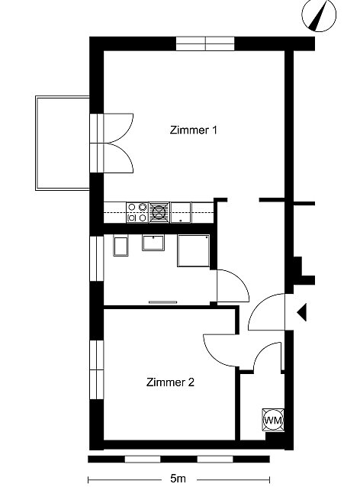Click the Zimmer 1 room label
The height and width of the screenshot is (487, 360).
pos(193,130)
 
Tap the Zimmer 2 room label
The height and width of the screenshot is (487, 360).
pos(170,382)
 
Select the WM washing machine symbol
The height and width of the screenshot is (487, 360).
pos(273,421)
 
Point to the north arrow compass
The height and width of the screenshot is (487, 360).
pos(319,15)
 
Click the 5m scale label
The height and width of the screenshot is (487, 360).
pos(178,479)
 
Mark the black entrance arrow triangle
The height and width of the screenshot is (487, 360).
pos(302,312)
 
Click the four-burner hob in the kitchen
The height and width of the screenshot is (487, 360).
pos(137,212)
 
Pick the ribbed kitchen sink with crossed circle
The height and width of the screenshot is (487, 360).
pos(159,212)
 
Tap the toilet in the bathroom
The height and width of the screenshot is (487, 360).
pos(121,247)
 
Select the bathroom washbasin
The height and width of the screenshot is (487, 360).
pos(153,243)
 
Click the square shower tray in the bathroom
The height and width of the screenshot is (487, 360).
pos(193,250)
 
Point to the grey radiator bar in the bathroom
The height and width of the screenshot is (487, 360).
pos(163,302)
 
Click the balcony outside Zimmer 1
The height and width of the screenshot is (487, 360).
pos(63,143)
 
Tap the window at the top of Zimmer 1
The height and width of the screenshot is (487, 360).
pos(205,44)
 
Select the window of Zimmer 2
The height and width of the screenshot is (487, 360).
pos(97,369)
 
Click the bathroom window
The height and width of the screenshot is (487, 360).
pos(97,259)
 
